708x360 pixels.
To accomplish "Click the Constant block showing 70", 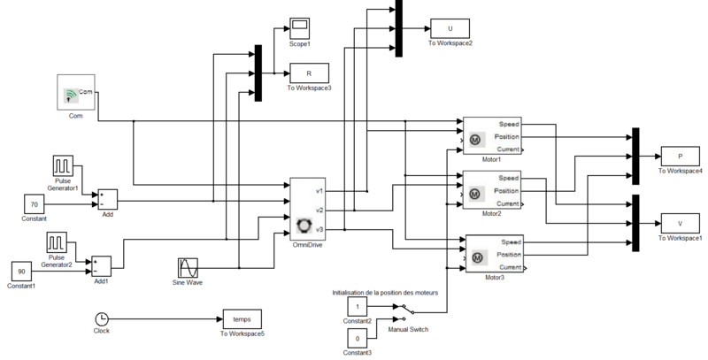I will tap(35, 203).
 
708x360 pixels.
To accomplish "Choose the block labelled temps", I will tap(242, 318).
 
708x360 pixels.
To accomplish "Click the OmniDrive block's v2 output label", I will tap(319, 210).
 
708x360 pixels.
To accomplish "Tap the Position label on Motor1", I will tap(507, 137).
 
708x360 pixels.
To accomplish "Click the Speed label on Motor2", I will tap(510, 178).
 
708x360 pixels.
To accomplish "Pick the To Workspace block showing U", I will tap(450, 28).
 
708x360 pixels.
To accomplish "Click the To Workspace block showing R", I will tap(308, 73).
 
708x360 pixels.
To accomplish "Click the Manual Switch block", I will tap(404, 310).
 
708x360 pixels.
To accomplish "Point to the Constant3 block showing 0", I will tap(357, 339).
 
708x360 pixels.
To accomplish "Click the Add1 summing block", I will tap(101, 265).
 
